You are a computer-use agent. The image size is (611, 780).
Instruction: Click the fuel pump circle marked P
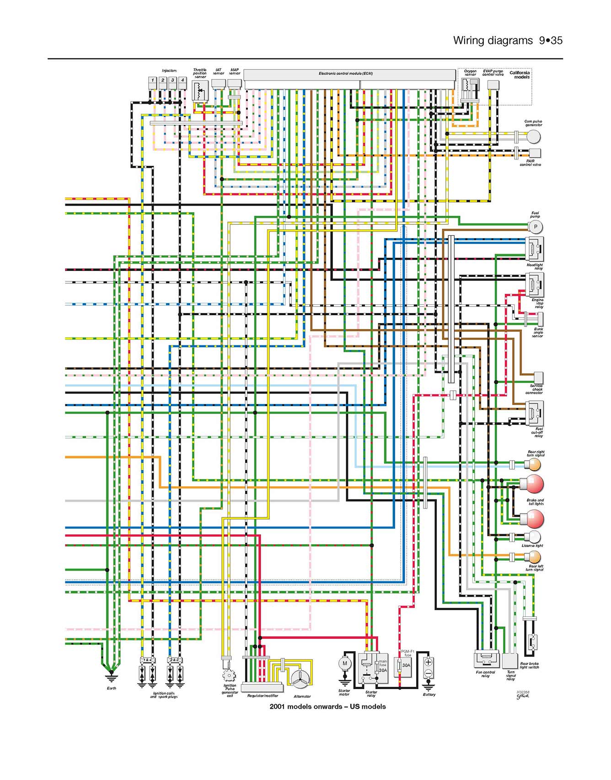535,227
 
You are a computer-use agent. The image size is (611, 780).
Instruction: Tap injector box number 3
172,80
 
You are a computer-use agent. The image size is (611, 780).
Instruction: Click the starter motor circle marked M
345,663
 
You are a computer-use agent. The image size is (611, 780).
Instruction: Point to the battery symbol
428,668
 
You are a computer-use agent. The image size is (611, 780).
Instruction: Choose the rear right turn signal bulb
533,465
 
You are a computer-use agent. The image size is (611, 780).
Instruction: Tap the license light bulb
532,537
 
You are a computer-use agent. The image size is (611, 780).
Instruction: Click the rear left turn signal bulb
533,557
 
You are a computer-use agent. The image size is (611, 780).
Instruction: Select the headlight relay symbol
534,249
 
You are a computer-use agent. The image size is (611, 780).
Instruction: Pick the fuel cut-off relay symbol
534,413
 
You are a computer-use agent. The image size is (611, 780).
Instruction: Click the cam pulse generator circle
533,136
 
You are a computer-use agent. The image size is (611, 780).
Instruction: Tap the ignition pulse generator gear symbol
228,675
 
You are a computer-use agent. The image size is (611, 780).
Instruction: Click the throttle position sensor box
200,91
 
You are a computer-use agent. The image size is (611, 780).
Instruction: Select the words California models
520,74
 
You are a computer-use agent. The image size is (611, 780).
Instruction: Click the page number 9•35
550,40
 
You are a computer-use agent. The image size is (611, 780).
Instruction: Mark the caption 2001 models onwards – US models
327,706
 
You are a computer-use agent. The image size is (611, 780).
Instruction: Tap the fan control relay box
486,658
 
